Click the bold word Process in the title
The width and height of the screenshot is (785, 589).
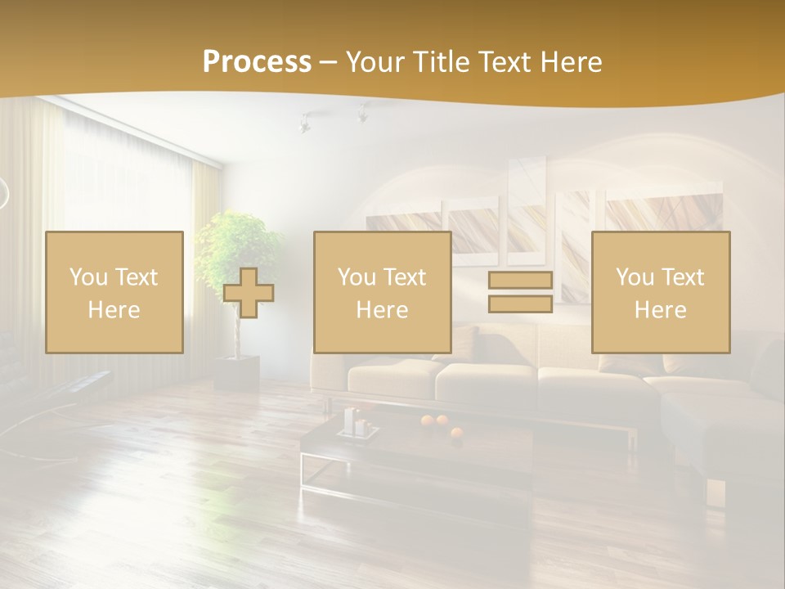[x=257, y=62]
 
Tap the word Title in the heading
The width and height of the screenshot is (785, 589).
[x=441, y=62]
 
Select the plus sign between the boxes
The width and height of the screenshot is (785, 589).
[x=249, y=293]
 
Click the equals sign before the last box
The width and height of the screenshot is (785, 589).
[x=520, y=292]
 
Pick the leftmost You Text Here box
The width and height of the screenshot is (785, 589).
[x=114, y=292]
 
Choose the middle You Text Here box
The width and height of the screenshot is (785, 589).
[x=382, y=292]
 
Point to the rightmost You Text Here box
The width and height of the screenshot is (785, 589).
[x=660, y=292]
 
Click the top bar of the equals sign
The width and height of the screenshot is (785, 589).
[x=520, y=281]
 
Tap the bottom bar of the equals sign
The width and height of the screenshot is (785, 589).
[x=520, y=303]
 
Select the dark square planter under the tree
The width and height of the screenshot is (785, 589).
[x=237, y=371]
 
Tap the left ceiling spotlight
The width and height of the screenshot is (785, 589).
[x=304, y=124]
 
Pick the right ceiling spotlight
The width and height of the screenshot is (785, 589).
[x=361, y=115]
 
